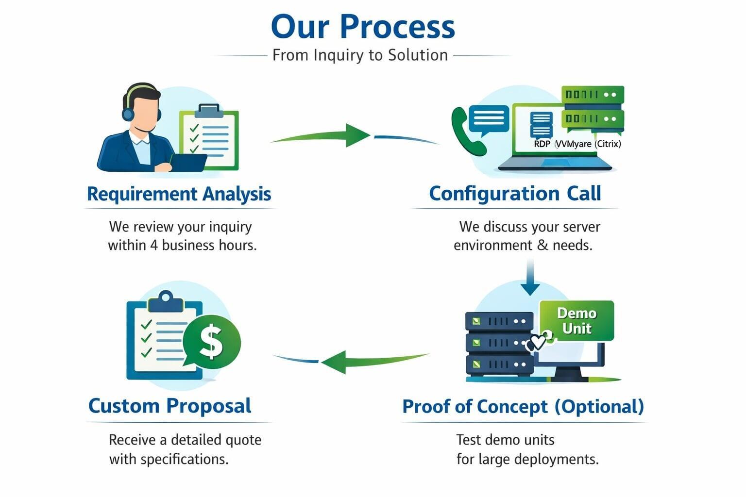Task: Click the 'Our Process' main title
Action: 363,27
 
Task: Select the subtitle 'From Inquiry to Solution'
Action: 360,55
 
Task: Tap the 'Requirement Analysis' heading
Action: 179,194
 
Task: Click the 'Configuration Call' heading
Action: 515,193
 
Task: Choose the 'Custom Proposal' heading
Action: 170,406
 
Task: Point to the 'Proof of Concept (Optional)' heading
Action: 523,406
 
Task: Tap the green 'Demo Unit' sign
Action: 576,321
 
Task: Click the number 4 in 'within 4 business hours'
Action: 153,245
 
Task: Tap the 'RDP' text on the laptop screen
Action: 542,144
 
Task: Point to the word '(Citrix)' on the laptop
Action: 608,144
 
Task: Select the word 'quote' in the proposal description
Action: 243,440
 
